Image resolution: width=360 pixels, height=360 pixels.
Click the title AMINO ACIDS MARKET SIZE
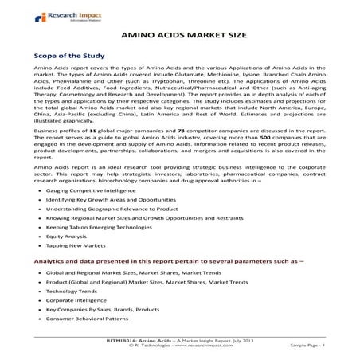pos(179,37)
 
